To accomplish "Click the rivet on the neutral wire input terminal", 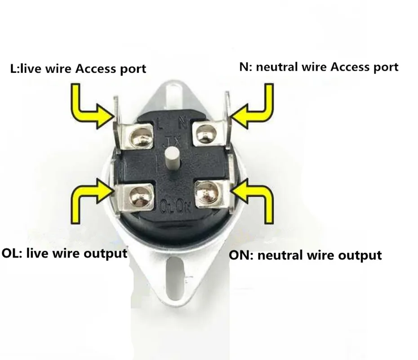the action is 206,134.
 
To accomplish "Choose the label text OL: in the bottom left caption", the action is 12,253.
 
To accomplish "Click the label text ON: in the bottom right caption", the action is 241,255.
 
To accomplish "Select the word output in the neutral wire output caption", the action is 360,256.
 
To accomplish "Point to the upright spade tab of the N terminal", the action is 228,120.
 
